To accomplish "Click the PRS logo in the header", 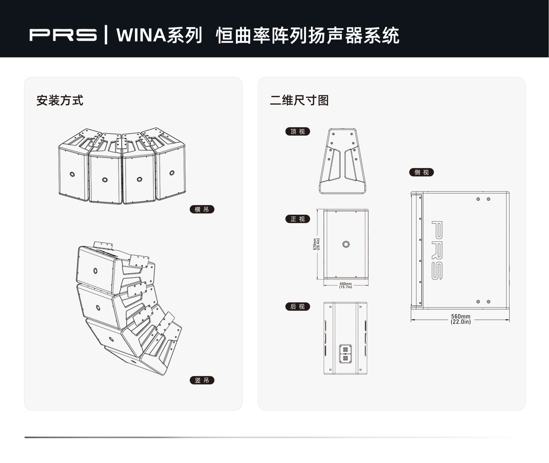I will (63, 35).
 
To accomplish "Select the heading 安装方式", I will (60, 100).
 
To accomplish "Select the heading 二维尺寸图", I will (299, 100).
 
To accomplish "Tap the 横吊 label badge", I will (202, 209).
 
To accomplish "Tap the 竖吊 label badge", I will (202, 380).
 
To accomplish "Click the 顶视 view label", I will (297, 131).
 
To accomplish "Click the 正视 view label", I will (297, 219).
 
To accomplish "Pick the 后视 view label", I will (297, 306).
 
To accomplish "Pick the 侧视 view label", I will (421, 172).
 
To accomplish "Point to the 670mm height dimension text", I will (316, 244).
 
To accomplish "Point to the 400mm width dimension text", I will (346, 285).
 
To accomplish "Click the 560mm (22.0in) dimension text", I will (460, 319).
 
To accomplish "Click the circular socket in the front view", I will (346, 244).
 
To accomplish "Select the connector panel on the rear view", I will (345, 354).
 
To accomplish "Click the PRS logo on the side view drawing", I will (437, 250).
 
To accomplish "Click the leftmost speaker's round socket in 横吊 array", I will (72, 174).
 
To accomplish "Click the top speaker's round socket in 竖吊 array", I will (95, 271).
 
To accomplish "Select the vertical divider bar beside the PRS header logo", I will (106, 35).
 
